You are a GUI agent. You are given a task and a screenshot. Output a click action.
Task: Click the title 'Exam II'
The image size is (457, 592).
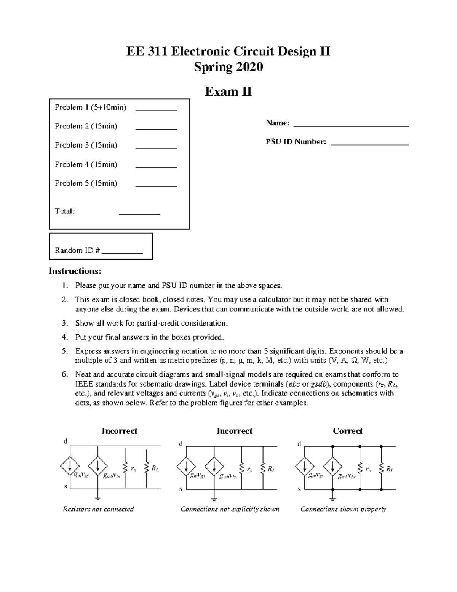228,92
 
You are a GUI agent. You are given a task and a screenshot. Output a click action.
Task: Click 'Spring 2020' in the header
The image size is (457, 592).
228,67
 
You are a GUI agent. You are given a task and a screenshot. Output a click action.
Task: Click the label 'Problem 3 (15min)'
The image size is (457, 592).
86,145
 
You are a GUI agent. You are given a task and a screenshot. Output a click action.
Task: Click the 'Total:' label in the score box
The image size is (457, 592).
65,211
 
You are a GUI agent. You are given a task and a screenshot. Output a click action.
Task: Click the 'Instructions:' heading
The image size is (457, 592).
75,271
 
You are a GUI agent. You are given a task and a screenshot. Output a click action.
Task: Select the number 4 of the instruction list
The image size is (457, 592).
65,337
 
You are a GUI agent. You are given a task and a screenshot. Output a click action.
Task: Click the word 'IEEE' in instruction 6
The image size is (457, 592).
83,384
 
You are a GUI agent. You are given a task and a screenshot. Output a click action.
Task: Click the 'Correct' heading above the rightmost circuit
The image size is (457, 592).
347,431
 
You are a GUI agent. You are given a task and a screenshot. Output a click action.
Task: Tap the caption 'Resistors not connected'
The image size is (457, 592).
98,509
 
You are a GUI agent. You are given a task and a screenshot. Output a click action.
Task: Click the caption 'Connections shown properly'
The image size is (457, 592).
343,509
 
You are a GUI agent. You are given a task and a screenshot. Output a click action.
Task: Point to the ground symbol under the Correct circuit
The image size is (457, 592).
333,497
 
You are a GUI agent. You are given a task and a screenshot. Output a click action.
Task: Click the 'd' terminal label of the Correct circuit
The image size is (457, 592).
299,444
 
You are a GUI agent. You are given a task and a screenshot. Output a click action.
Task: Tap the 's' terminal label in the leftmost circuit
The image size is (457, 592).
66,487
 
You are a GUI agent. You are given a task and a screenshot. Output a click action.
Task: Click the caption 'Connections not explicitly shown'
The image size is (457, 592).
230,509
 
